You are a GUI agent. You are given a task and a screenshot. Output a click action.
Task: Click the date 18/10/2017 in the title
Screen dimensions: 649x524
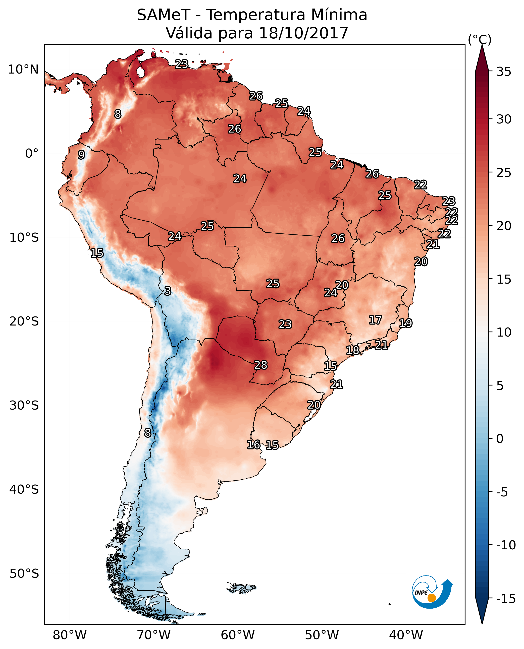tap(303, 33)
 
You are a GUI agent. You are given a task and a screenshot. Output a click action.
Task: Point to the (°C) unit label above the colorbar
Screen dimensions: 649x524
tap(479, 39)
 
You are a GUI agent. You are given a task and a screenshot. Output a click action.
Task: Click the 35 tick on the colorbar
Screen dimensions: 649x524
tap(504, 72)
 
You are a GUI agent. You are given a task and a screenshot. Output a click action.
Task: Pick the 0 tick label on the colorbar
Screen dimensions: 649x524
tap(500, 438)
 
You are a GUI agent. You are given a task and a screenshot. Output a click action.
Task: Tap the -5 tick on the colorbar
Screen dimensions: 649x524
tap(504, 492)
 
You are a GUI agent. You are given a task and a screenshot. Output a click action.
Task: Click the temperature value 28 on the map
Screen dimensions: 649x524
tap(261, 365)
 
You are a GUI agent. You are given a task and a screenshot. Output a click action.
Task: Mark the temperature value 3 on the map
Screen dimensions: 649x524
tap(168, 291)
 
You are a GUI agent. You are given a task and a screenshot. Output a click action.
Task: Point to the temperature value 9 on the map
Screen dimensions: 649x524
tap(81, 155)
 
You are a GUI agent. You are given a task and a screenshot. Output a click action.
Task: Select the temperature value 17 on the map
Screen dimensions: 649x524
tap(375, 320)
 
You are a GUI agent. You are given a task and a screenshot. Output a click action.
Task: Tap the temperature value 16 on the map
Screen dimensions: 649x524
tap(253, 444)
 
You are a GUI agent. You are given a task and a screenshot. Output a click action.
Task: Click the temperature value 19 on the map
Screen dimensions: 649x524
tap(406, 323)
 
